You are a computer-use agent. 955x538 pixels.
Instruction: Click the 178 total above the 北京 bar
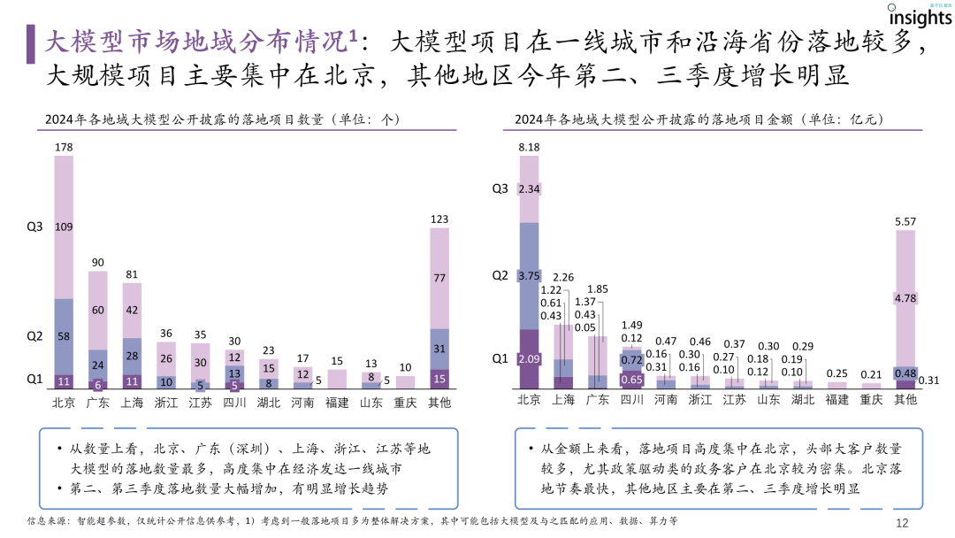(64, 147)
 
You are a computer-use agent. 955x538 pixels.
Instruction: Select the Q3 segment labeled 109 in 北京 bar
(64, 227)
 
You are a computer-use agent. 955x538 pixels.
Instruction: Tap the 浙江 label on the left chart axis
(165, 402)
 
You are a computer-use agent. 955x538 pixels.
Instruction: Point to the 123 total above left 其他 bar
(439, 218)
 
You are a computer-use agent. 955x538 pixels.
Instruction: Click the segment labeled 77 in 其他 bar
(439, 278)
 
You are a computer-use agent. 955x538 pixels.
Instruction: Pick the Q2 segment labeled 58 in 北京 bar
(64, 337)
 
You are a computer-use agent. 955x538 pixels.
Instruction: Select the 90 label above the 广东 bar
(97, 262)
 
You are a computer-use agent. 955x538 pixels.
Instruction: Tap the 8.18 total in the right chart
(529, 147)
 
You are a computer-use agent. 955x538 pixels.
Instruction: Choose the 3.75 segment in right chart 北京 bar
(529, 274)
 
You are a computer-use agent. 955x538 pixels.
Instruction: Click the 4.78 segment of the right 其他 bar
(905, 298)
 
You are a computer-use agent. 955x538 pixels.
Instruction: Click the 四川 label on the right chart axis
(631, 400)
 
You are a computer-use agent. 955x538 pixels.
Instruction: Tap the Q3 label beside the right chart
(500, 188)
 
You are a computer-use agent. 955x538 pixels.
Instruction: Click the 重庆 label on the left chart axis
(405, 402)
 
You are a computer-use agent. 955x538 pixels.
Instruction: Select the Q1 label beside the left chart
(34, 379)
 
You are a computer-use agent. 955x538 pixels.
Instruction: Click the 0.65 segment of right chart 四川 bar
(631, 379)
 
